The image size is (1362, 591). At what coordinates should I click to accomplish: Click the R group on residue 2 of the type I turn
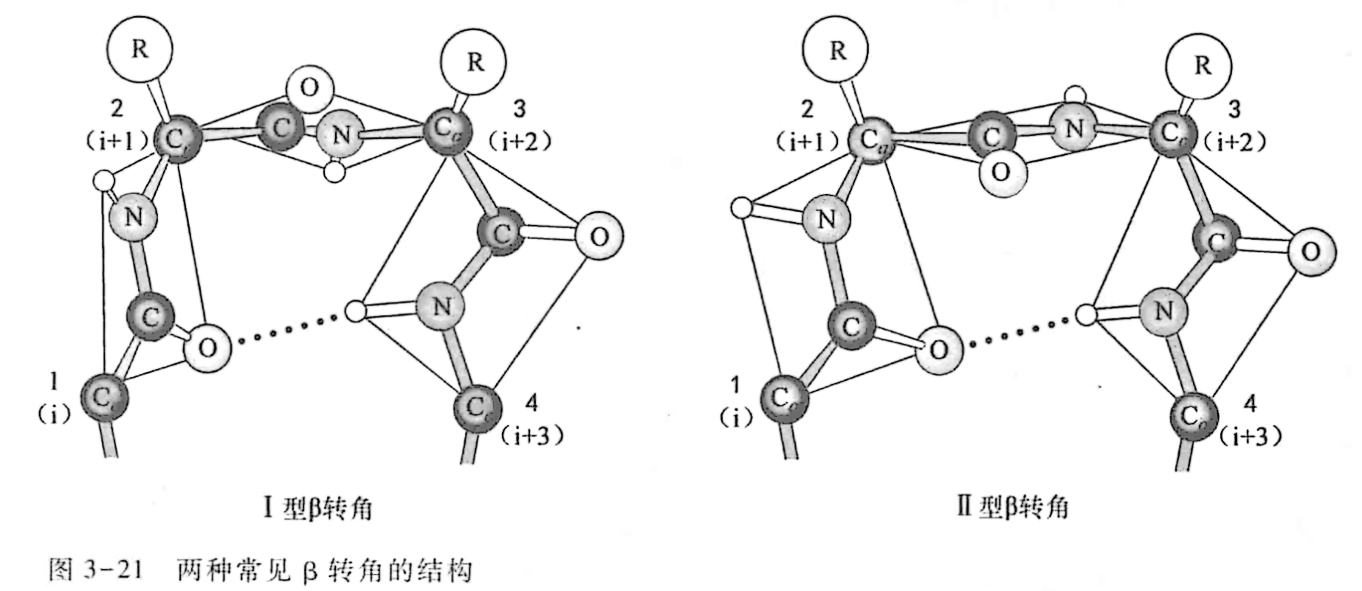[x=139, y=49]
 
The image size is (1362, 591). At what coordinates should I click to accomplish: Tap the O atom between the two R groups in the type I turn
[x=309, y=89]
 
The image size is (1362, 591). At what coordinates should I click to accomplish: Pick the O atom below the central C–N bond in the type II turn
[x=1002, y=173]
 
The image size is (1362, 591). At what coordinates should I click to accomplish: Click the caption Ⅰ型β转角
[x=317, y=508]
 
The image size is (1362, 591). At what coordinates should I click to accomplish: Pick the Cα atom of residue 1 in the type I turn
[x=104, y=398]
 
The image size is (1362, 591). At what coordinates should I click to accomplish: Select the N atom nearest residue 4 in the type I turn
[x=441, y=305]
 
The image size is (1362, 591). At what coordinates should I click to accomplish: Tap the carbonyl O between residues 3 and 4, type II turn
[x=1311, y=252]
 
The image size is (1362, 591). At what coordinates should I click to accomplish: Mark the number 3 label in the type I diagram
[x=519, y=109]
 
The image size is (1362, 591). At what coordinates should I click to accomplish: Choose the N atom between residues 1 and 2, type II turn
[x=828, y=219]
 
